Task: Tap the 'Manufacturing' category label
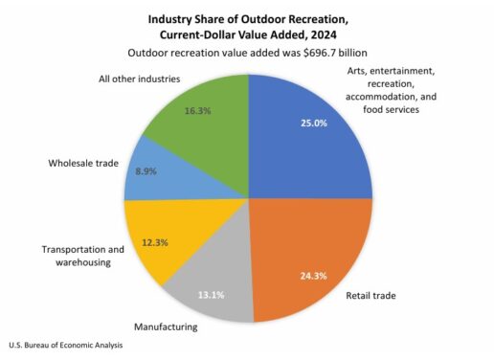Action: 165,326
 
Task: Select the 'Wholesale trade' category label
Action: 83,163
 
